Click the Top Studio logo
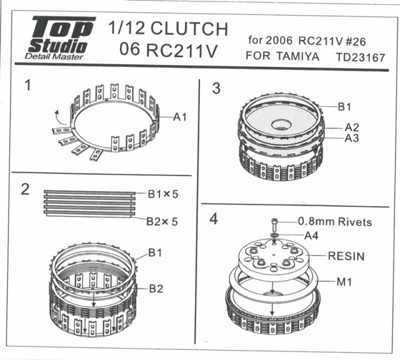61,37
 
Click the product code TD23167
361,57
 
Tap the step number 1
27,85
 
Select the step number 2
25,189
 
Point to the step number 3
216,89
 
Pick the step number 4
214,219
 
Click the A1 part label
180,117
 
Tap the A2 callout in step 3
352,127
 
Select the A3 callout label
352,138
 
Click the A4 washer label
311,236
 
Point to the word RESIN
346,256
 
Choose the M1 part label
344,282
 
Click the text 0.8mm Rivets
335,222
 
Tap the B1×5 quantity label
163,194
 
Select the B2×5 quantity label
162,221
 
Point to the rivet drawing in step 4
274,223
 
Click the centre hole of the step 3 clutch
281,125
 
